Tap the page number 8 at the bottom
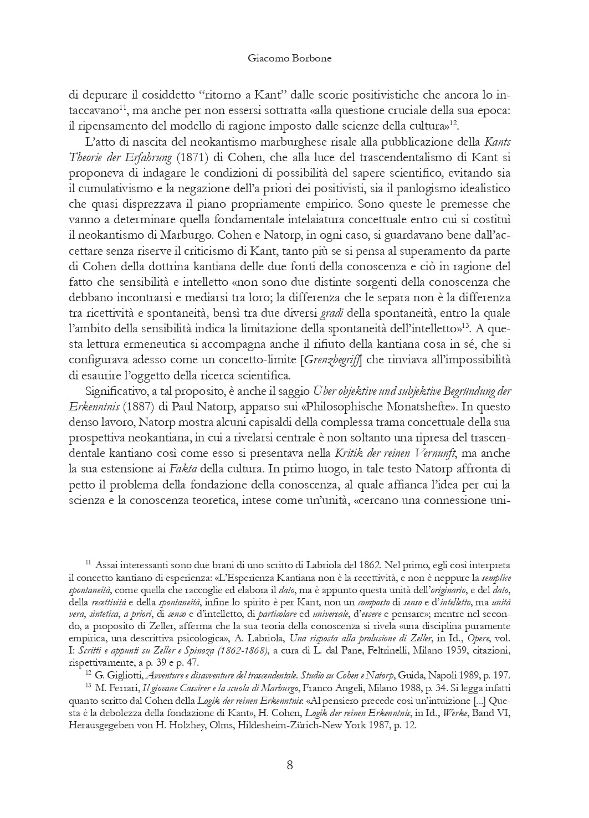click(290, 765)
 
